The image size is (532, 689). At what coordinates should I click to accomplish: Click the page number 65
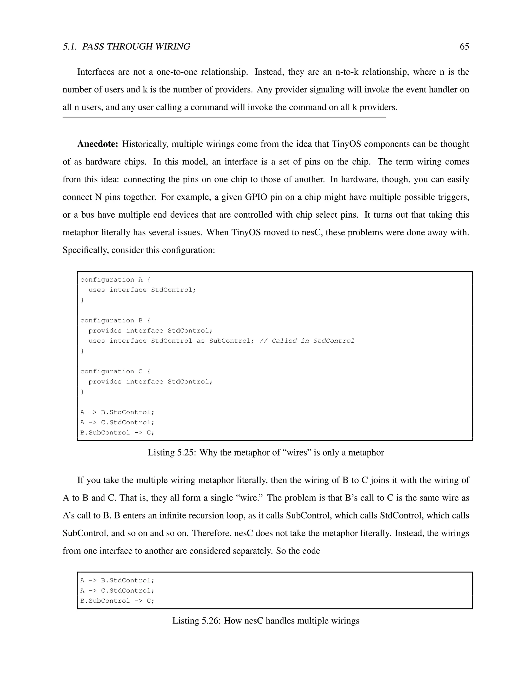[464, 47]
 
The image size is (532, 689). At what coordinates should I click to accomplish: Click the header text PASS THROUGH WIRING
[136, 47]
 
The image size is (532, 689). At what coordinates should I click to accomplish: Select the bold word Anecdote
[98, 144]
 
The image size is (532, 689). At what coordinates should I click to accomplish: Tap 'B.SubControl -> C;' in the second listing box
[117, 601]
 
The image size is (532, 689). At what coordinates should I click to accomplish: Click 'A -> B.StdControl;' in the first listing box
[117, 412]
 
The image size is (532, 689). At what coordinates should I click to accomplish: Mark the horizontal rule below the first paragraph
[224, 117]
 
